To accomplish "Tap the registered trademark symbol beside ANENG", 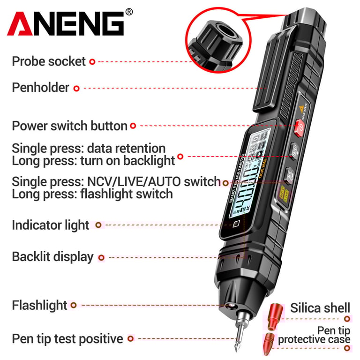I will (130, 11).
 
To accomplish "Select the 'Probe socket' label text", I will (49, 61).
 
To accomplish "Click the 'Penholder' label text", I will (40, 88).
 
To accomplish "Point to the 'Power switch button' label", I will (69, 126).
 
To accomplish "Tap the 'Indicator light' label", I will (50, 225).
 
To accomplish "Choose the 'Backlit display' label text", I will (52, 257).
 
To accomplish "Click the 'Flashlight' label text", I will (39, 305).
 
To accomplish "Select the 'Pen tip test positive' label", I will (67, 338).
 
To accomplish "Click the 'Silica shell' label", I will (320, 308).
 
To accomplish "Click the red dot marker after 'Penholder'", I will (76, 88).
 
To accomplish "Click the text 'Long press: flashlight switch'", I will (92, 194).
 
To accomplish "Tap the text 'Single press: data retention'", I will (89, 149).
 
